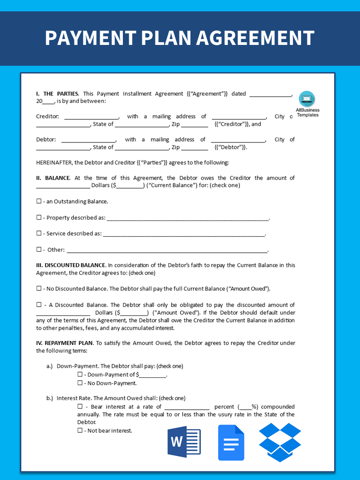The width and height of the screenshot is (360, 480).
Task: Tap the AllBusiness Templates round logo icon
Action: (307, 98)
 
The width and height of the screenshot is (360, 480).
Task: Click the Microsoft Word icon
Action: (184, 442)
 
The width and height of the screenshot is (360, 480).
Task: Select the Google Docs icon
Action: (231, 442)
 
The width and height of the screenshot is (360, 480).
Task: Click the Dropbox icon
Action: (280, 442)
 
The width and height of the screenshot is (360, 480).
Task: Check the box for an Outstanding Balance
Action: (39, 201)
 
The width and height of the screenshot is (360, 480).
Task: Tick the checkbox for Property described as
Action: (39, 217)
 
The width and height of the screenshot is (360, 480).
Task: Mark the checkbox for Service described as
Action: (39, 233)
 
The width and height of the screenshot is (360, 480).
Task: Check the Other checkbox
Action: (39, 250)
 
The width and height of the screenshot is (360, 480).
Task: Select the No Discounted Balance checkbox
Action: (39, 289)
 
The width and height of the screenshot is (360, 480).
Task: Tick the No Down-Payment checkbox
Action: (80, 383)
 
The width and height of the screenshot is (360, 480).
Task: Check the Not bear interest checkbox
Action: (80, 431)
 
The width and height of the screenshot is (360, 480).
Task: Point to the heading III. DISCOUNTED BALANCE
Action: (71, 265)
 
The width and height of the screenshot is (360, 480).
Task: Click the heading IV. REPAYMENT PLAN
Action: (64, 343)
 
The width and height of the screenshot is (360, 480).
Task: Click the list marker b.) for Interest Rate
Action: (49, 398)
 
